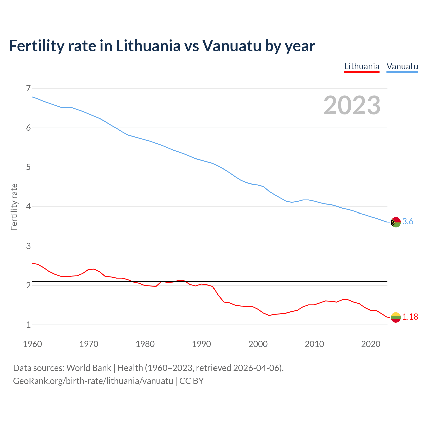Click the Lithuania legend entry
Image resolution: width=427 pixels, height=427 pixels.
(x=362, y=66)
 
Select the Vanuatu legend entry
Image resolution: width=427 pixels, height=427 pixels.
(x=402, y=66)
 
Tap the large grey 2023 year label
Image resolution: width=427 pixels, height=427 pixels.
(x=352, y=105)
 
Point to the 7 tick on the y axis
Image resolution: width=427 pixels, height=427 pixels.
(x=28, y=88)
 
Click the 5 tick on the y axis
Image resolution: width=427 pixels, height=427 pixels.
(x=28, y=167)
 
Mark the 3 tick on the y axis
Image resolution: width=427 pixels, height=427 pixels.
(x=28, y=246)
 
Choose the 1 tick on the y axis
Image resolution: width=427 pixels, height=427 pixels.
(x=28, y=325)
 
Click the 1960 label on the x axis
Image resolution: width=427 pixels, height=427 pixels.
(x=32, y=344)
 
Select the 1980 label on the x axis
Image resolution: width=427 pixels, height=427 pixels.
(x=145, y=344)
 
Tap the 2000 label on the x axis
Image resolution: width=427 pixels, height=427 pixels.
(x=258, y=344)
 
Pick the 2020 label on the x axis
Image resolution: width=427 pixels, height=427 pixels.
(x=371, y=344)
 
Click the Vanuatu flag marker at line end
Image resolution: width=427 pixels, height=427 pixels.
(x=396, y=222)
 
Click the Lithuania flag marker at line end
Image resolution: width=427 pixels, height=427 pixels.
(x=396, y=317)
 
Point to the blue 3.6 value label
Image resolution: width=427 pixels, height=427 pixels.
(x=408, y=222)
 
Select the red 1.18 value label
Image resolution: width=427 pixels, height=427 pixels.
(x=410, y=317)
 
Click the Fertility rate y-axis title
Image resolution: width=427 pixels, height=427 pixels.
(x=14, y=207)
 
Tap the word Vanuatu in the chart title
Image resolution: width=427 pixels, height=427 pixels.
(x=232, y=46)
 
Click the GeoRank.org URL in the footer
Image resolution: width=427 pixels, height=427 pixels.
(x=93, y=381)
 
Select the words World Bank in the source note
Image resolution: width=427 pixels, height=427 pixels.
(x=89, y=368)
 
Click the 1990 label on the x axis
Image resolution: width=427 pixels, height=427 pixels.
(x=201, y=344)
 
